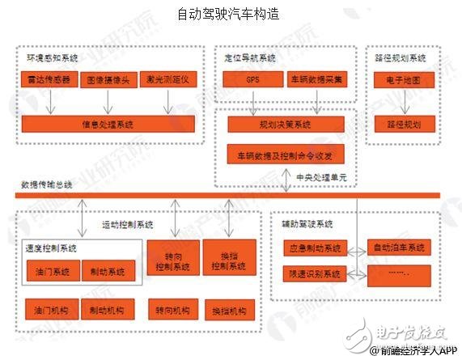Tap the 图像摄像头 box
point(107,81)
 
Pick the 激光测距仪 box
point(167,81)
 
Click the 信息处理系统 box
point(108,125)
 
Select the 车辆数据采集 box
point(318,81)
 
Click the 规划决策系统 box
point(284,125)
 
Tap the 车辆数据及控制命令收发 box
point(284,154)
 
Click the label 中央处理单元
point(320,177)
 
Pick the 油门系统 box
point(51,272)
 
